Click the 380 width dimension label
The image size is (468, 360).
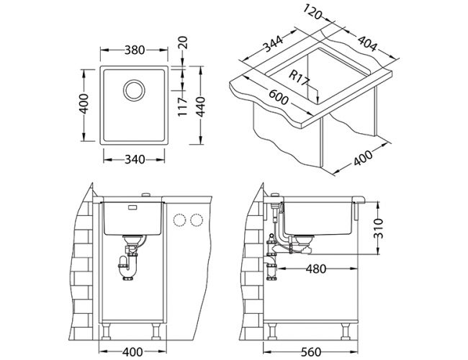[x=135, y=50]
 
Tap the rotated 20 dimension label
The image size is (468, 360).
[x=182, y=42]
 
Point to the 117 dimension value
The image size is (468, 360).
[x=182, y=107]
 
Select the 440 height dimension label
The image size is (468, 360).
[x=201, y=107]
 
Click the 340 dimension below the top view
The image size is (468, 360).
[x=135, y=160]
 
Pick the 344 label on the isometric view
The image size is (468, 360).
[x=272, y=44]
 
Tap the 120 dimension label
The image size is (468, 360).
[x=312, y=12]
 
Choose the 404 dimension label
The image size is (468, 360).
[x=368, y=44]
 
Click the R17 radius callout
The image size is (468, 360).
[x=300, y=78]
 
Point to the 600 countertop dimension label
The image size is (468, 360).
[x=279, y=97]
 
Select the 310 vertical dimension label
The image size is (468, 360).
[x=378, y=229]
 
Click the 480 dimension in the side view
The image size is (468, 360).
[x=316, y=269]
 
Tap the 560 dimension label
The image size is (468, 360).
[x=311, y=352]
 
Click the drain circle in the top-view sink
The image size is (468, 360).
[x=134, y=90]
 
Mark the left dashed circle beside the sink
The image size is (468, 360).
[x=179, y=220]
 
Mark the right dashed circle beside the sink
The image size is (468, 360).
[x=197, y=220]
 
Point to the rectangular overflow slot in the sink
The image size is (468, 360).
[x=132, y=207]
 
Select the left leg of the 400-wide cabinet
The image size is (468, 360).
[x=107, y=331]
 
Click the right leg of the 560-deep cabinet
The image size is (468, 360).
[x=346, y=331]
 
